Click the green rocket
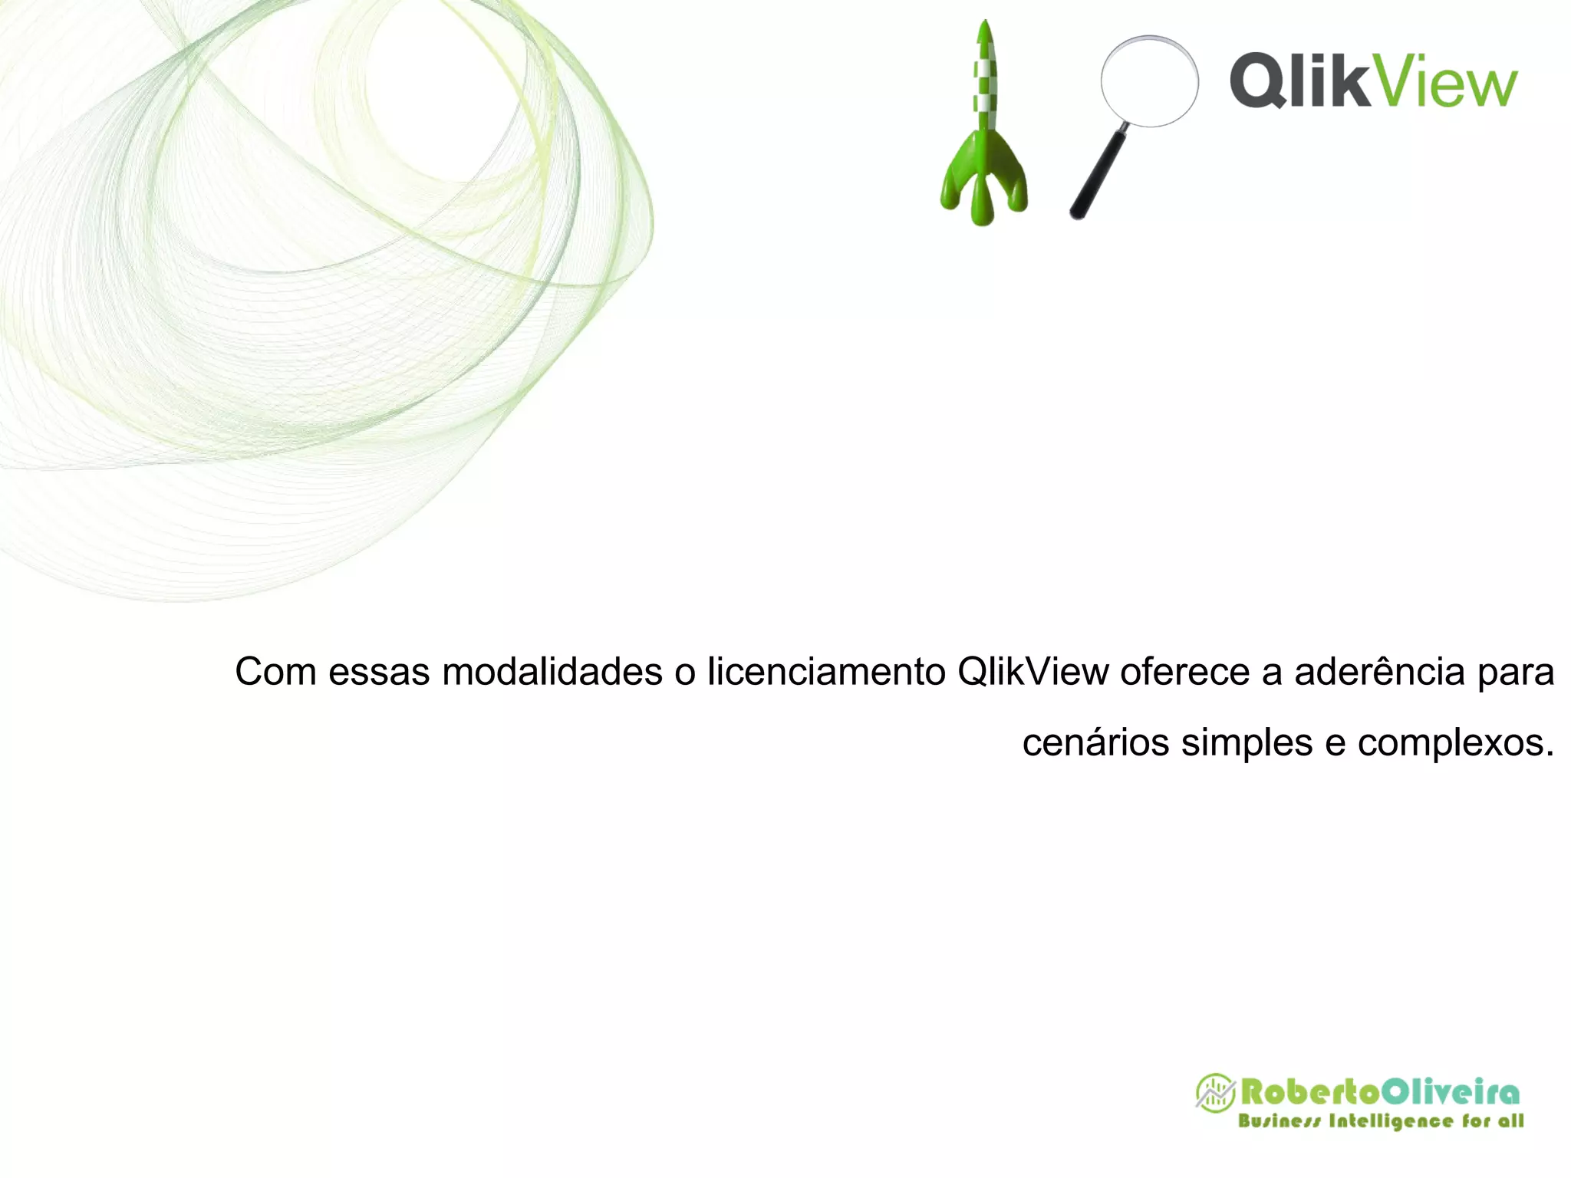click(984, 138)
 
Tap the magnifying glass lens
click(1149, 81)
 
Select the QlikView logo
click(1373, 81)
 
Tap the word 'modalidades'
click(552, 672)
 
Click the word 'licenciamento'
click(826, 672)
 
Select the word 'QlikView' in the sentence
click(1033, 672)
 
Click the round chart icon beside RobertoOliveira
click(1215, 1092)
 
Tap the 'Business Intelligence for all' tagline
click(1381, 1121)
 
